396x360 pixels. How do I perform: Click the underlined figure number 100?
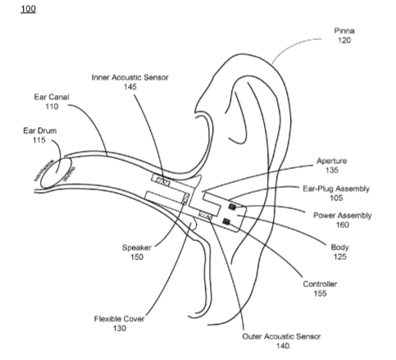28,9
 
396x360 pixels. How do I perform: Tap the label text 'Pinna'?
344,30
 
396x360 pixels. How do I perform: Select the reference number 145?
130,87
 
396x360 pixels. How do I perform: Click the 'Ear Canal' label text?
52,97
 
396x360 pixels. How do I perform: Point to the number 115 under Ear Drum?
39,140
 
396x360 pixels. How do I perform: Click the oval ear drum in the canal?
57,172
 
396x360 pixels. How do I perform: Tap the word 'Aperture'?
332,161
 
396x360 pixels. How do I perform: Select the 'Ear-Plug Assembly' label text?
336,189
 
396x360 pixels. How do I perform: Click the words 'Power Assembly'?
343,216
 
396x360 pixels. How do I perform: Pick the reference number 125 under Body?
340,257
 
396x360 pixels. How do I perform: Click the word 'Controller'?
320,284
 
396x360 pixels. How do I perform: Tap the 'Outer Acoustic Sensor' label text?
281,336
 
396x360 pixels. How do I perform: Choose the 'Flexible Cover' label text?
119,319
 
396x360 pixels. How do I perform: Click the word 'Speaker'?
137,248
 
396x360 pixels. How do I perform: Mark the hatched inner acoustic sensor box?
162,182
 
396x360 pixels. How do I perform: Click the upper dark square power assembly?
233,207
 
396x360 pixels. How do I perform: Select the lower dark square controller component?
226,221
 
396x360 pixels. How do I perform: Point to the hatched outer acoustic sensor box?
205,215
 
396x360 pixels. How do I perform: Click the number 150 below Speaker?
137,257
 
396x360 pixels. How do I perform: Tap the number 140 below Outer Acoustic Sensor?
283,346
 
